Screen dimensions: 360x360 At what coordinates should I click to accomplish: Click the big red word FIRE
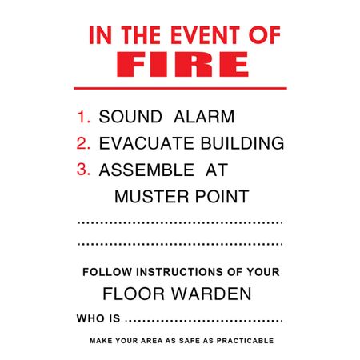click(183, 64)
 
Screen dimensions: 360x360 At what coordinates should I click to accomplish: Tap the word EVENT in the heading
click(205, 35)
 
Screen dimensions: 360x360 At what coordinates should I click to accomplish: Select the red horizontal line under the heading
click(180, 88)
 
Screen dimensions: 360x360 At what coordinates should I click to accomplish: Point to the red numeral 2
click(83, 143)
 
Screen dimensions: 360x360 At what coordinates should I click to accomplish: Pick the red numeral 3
click(83, 170)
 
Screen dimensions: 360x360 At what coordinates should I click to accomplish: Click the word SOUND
click(130, 117)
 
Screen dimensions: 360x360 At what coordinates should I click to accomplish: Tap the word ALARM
click(204, 117)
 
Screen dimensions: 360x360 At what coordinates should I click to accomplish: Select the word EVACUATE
click(146, 143)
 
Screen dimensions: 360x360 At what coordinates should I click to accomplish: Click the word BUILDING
click(242, 143)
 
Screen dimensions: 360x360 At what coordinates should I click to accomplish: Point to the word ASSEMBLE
click(146, 170)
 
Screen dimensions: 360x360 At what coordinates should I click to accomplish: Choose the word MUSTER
click(152, 197)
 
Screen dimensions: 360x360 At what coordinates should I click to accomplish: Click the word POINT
click(222, 197)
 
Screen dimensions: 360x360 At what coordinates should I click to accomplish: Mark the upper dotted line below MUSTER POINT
click(180, 222)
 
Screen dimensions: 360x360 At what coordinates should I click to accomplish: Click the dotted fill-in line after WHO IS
click(204, 320)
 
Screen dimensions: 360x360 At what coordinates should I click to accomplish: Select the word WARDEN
click(211, 294)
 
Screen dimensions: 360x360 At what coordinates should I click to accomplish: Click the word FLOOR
click(134, 294)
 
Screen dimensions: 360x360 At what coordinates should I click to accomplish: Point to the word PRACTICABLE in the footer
click(245, 341)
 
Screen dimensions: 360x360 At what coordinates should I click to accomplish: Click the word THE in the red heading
click(142, 35)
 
